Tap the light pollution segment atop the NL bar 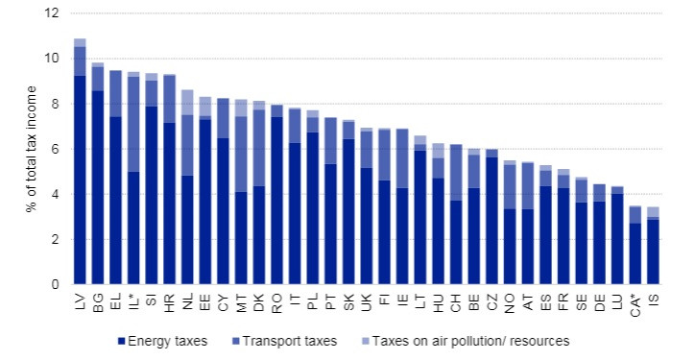[187, 102]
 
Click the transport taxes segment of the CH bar [457, 172]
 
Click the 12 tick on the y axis [52, 13]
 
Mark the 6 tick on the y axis [55, 150]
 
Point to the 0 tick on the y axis [55, 285]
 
